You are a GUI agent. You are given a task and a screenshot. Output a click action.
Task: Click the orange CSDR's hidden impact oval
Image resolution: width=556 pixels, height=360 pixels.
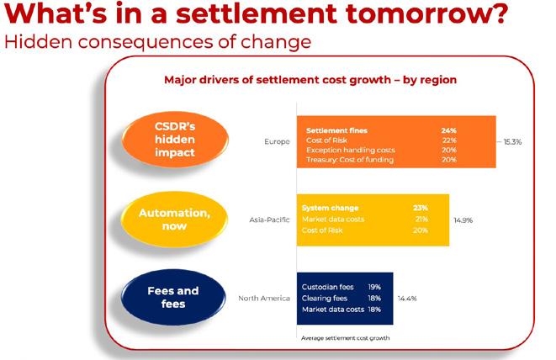pos(175,140)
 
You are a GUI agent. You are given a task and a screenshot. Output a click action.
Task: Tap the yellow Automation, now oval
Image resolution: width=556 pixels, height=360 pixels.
pos(174,220)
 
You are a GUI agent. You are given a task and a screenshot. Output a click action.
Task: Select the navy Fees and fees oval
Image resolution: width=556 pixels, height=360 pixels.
pos(173,297)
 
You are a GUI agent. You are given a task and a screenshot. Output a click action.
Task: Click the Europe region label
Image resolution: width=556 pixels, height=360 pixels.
pos(277,141)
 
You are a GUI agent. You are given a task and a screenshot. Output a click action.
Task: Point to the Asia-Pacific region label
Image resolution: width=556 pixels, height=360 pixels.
pos(269,220)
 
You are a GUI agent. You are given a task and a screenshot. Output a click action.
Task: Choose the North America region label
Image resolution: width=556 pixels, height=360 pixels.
pos(264,299)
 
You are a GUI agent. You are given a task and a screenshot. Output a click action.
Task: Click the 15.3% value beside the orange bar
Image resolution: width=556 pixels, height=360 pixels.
pos(512,142)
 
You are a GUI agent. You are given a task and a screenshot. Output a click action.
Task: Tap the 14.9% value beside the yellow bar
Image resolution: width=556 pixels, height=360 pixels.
pos(463,220)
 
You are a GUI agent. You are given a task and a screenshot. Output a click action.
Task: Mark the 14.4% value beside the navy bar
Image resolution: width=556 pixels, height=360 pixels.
pos(407,299)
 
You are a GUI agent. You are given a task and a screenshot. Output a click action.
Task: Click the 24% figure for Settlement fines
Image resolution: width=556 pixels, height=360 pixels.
pos(448,130)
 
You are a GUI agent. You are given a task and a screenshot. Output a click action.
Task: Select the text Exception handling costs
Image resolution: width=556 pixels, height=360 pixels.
pos(350,150)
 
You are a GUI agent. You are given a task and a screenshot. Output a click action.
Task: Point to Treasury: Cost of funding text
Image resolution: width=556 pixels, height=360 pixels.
pos(350,160)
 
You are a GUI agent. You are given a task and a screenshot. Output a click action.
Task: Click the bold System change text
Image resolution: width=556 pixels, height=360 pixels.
pos(330,208)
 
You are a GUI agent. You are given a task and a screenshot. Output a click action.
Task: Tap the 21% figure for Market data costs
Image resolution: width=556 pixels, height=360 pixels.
pos(421,220)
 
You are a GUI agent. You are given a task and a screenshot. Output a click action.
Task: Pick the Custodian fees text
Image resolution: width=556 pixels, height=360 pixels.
pos(328,287)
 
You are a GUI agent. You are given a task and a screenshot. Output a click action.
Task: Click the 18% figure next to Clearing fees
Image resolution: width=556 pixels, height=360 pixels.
pos(374,299)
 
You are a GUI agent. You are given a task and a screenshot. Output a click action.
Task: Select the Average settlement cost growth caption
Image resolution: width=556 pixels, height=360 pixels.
pos(345,338)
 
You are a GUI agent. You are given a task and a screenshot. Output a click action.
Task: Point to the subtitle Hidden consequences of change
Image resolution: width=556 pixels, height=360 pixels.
pos(158,41)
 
